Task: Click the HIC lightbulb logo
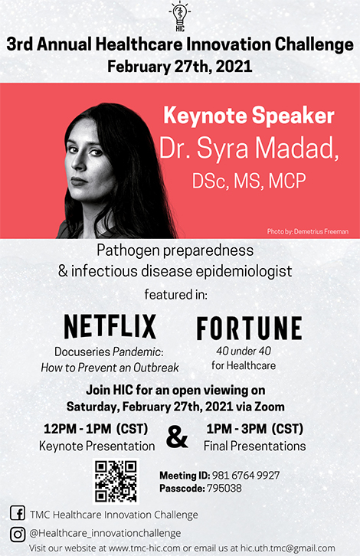coord(180,16)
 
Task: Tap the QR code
coord(116,481)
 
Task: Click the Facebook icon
coord(18,513)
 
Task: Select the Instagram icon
coord(18,535)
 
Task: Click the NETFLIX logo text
coord(110,326)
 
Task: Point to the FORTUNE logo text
coord(250,329)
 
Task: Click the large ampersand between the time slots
coord(177,437)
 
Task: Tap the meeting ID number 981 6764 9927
coord(246,475)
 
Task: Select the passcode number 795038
coord(224,489)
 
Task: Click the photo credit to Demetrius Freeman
coord(308,231)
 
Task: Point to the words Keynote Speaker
coord(249,116)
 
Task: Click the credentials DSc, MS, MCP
coord(249,181)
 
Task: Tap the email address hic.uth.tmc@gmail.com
coord(288,548)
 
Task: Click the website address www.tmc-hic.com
coord(145,548)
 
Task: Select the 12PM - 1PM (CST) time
coord(96,429)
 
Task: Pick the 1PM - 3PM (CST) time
coord(255,429)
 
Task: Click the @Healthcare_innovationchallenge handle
coord(105,533)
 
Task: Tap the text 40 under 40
coord(244,351)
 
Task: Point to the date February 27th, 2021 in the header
coord(180,67)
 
